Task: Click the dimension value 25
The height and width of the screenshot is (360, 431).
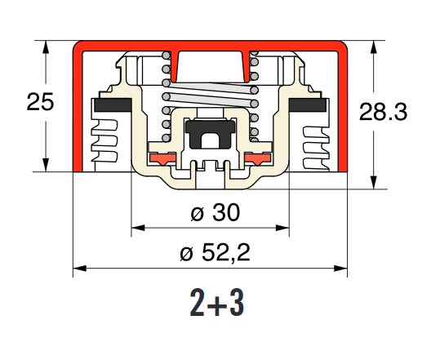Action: point(40,102)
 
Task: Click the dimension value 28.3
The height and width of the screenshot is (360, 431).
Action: point(383,112)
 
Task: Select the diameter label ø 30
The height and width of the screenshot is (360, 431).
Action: point(215,212)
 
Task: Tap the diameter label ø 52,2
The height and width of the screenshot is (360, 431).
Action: point(215,252)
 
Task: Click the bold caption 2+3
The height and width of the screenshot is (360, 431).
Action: point(217,303)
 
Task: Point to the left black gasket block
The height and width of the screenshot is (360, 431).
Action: point(113,105)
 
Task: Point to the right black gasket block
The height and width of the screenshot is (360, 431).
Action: point(308,105)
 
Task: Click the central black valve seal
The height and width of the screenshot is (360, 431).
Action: point(211,134)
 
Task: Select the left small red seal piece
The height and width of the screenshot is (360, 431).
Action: point(162,158)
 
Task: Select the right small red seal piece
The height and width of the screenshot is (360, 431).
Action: point(258,158)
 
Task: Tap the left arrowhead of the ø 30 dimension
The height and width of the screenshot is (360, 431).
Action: point(138,228)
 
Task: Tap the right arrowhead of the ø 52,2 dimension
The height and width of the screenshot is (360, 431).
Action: point(340,269)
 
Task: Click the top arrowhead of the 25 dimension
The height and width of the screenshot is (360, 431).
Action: point(46,47)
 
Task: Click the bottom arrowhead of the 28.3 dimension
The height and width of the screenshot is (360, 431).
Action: point(373,183)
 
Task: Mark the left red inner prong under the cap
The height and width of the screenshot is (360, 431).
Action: point(174,66)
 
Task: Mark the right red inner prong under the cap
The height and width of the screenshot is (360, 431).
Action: point(247,66)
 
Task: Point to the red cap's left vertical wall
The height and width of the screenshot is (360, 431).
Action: point(78,111)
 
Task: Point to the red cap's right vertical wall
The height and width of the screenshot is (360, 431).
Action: point(343,111)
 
